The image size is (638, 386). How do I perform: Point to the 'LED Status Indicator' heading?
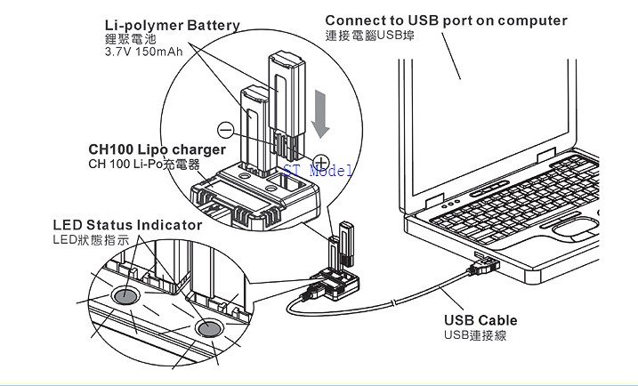point(126,225)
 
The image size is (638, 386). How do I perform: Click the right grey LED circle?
point(209,330)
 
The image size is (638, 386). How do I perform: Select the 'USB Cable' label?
point(481,320)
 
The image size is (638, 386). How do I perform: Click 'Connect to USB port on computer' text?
point(445,20)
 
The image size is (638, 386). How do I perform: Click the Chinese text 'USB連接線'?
point(474,335)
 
